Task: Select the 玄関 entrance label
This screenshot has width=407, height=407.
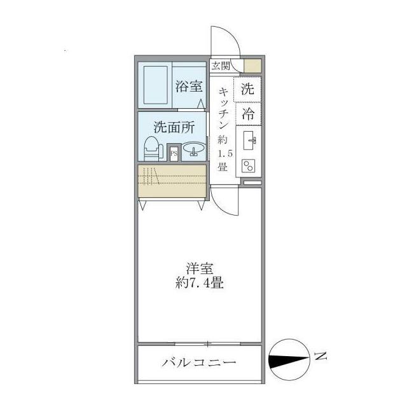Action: click(220, 65)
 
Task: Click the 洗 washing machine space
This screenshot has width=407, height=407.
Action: click(247, 90)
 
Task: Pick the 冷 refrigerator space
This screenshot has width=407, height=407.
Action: click(247, 114)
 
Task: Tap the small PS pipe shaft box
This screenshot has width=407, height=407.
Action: click(174, 153)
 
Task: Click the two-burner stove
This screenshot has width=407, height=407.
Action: click(247, 165)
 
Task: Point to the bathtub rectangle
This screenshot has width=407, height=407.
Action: click(155, 86)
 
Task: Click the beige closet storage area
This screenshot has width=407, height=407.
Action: click(172, 181)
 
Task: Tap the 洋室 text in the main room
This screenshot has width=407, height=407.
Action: click(199, 269)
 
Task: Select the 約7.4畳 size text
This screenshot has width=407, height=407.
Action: click(199, 284)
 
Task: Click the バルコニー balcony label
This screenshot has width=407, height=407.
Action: click(198, 363)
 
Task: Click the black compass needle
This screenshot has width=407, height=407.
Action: click(289, 360)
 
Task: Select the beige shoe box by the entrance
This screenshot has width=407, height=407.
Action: click(252, 66)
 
